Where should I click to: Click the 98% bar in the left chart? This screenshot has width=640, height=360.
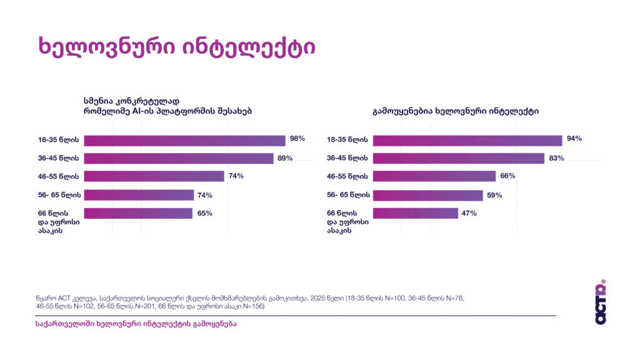(x=184, y=141)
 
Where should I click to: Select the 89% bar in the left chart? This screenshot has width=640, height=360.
(x=179, y=158)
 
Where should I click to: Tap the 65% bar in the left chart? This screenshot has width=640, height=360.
(x=138, y=213)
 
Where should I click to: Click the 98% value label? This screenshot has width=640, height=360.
(x=297, y=139)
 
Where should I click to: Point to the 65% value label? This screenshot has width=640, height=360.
(x=204, y=213)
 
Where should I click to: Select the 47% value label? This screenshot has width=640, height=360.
(x=469, y=213)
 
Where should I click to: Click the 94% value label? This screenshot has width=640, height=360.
(x=574, y=139)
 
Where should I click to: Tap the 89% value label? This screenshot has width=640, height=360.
(x=285, y=158)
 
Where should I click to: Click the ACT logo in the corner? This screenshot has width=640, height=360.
(x=601, y=301)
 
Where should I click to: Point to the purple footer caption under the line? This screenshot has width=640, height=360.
(x=137, y=324)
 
